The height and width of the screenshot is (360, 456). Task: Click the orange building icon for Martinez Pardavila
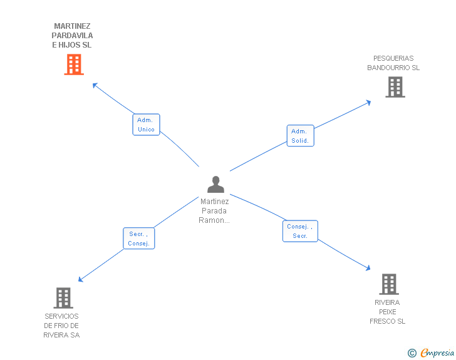click(x=74, y=64)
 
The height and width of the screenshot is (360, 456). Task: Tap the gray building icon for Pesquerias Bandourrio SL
click(x=395, y=87)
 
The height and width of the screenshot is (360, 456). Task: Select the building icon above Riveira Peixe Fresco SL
click(x=389, y=284)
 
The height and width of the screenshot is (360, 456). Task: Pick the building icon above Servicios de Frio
click(x=63, y=298)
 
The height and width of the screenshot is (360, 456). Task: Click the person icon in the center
click(x=215, y=185)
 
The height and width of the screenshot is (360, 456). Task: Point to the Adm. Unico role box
click(x=146, y=125)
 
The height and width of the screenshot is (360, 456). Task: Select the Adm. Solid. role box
click(x=300, y=136)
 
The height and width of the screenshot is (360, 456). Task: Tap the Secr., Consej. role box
click(x=138, y=239)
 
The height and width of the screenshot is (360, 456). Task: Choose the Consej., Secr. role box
click(x=300, y=231)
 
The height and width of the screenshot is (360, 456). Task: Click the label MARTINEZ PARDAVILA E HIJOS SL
click(x=73, y=36)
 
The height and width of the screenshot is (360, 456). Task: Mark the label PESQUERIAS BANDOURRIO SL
click(x=393, y=63)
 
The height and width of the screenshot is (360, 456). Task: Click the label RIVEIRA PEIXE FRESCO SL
click(x=388, y=312)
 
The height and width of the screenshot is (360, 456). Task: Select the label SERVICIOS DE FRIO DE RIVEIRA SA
click(x=61, y=326)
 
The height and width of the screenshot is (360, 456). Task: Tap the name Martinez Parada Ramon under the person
click(x=214, y=211)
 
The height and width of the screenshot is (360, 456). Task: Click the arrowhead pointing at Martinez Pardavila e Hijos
click(x=95, y=85)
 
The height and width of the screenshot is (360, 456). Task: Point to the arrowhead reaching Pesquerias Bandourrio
click(x=368, y=102)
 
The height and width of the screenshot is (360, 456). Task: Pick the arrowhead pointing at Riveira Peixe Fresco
click(x=368, y=269)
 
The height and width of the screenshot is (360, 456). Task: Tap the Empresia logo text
click(x=437, y=353)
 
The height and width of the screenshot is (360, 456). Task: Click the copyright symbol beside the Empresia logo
click(x=412, y=354)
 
